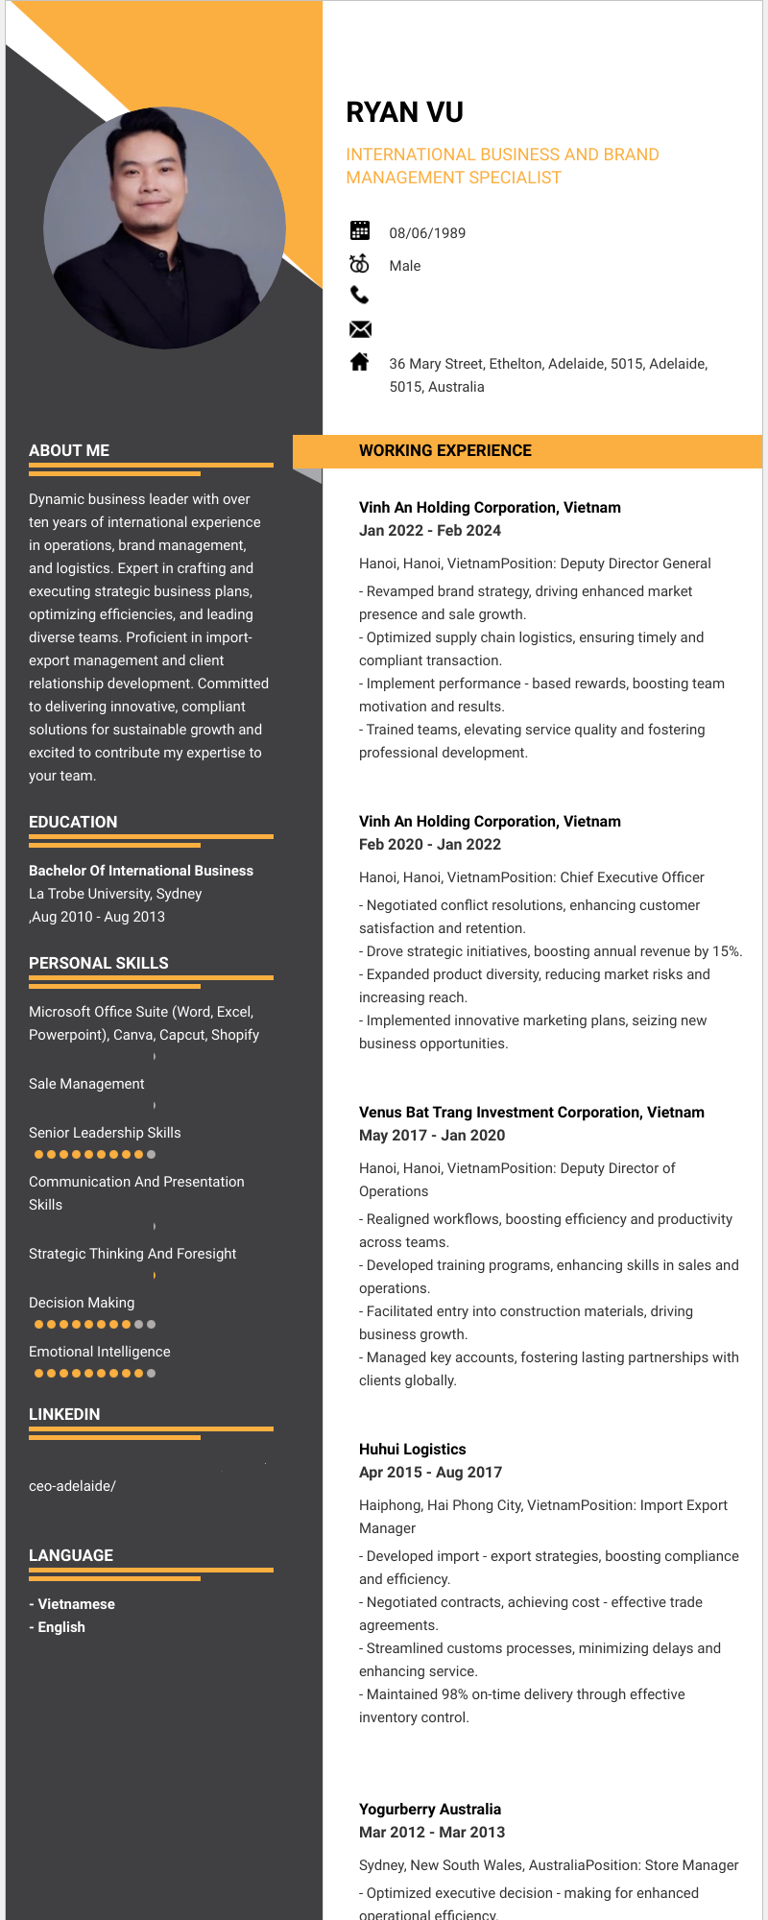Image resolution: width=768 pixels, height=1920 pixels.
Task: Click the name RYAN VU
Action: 404,112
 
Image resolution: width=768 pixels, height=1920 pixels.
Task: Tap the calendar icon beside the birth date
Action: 360,230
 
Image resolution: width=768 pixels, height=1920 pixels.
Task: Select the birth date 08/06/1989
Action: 427,233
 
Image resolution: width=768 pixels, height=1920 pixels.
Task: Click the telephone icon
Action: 360,295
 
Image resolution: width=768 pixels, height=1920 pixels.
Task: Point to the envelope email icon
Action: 360,329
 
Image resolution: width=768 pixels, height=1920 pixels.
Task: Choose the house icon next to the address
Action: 360,362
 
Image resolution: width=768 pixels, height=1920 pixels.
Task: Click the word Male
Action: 404,266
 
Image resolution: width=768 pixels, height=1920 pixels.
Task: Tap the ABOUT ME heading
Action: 69,450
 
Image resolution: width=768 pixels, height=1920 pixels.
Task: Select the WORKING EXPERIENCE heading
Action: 444,450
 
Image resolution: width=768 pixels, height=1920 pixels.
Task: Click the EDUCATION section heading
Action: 73,822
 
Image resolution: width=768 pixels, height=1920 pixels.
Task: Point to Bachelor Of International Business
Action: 141,871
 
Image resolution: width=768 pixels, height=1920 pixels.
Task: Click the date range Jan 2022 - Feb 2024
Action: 429,531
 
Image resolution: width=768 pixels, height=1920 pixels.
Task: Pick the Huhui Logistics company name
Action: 412,1450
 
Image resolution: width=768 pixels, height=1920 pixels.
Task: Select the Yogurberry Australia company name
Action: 429,1810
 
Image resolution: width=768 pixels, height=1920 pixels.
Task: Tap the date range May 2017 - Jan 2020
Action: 431,1136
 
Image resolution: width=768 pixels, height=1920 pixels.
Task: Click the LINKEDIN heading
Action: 64,1414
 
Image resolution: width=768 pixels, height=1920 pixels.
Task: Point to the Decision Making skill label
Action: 82,1303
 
